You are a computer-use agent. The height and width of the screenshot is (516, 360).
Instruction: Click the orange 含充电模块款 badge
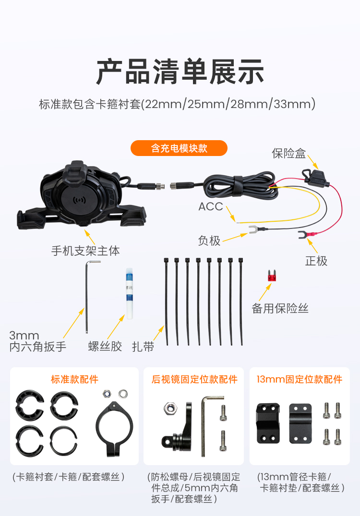179,148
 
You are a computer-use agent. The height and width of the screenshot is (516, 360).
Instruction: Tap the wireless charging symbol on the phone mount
79,199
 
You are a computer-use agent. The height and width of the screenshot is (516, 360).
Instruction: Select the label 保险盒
288,153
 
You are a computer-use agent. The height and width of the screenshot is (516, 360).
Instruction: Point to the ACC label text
211,207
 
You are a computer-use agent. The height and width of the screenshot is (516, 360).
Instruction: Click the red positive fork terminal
307,234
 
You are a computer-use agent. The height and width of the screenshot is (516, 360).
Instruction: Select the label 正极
316,261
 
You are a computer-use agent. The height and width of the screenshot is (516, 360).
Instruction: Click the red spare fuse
272,276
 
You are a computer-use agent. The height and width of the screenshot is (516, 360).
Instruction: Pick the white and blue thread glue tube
129,294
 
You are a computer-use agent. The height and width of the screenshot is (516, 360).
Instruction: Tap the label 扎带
143,347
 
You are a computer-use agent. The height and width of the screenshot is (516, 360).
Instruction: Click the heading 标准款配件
74,379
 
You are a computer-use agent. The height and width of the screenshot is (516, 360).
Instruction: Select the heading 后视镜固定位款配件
194,379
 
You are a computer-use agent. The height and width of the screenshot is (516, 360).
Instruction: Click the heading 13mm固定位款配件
300,379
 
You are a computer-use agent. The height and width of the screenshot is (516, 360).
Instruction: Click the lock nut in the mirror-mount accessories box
170,408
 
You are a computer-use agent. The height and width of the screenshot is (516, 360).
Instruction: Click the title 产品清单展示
180,72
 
